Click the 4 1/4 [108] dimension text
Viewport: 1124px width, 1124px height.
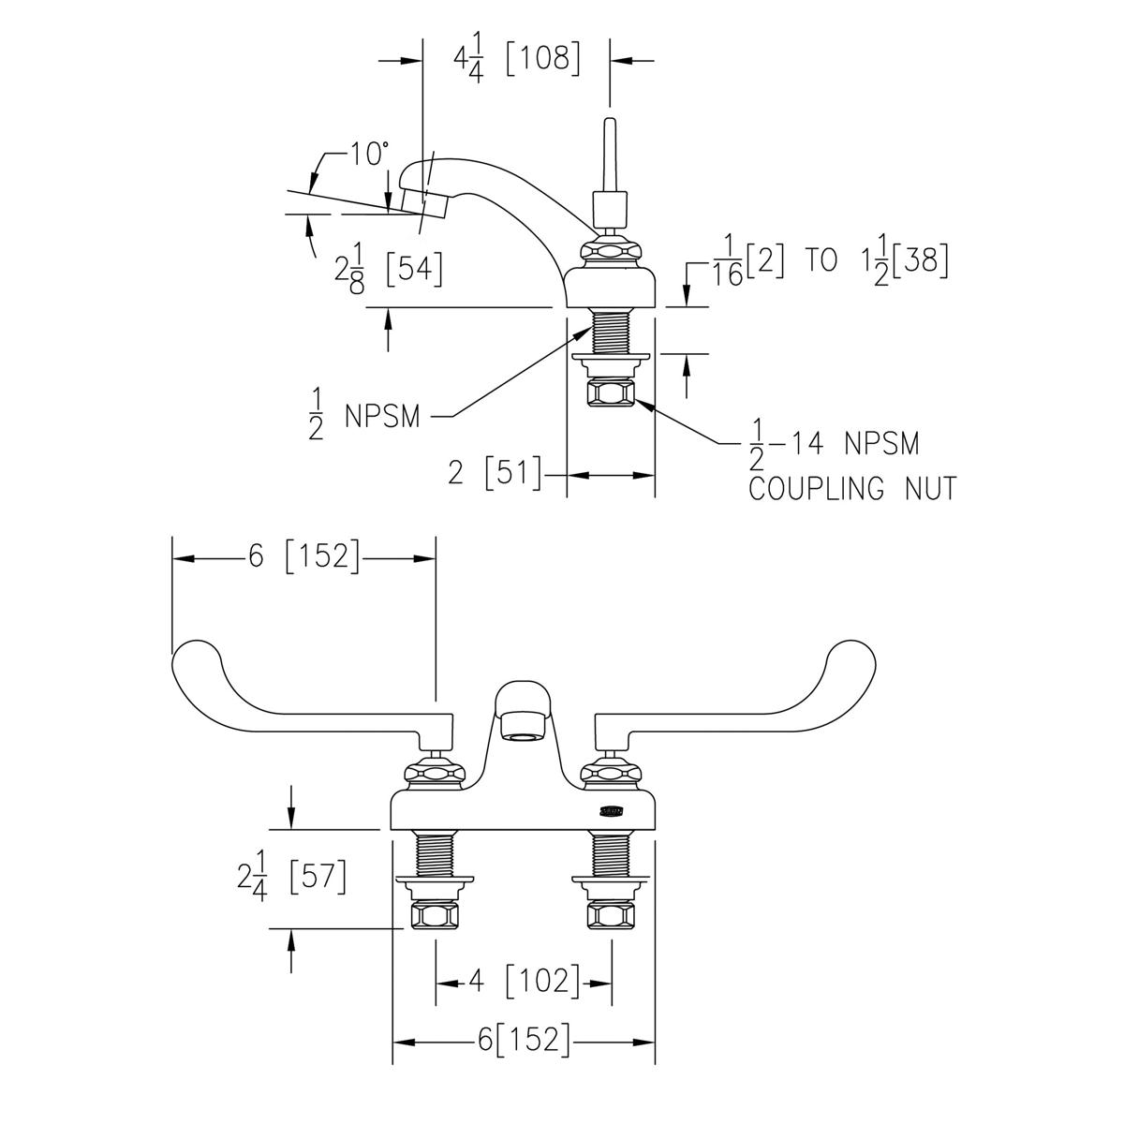(517, 61)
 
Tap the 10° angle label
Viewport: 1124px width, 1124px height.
(369, 154)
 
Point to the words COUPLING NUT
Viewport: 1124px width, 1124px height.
(852, 488)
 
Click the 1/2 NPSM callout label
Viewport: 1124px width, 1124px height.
(364, 415)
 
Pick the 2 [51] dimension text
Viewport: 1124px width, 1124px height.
(495, 472)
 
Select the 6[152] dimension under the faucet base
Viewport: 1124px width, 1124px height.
(524, 1039)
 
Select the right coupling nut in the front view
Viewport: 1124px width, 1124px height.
(611, 916)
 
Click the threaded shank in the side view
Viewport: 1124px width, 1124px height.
(611, 332)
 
